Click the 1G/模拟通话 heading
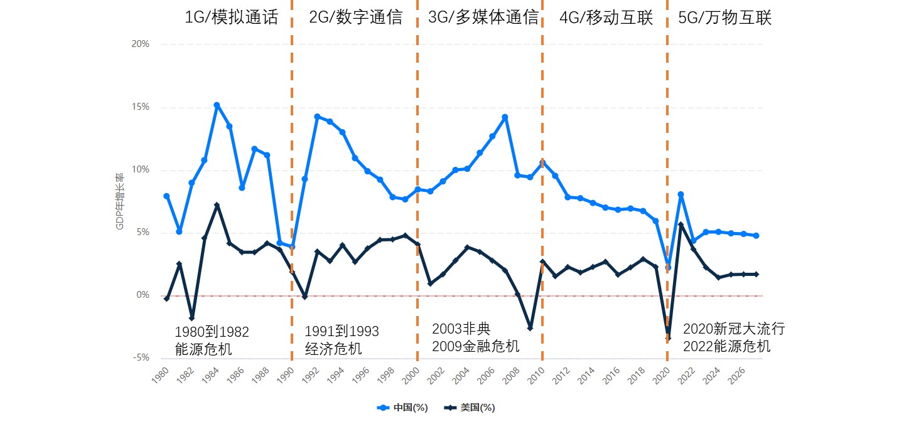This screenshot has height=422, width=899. pos(230,18)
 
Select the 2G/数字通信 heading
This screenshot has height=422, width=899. pos(356,18)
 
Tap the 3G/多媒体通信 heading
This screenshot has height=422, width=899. pos(483,18)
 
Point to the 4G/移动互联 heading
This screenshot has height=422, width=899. pos(606,18)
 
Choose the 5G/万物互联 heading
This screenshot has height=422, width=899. pos(725,18)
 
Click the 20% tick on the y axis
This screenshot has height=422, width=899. pos(140,44)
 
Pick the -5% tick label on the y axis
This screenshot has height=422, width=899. pos(140,358)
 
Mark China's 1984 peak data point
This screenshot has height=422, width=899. pos(217,105)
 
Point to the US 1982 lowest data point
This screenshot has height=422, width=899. pos(191,319)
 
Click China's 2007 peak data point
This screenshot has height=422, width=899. pos(505,117)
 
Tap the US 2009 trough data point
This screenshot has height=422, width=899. pos(530,328)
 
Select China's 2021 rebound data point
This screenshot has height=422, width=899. pos(681,194)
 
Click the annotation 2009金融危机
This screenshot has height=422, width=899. pos(475,346)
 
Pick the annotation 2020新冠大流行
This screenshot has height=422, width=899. pos(733,329)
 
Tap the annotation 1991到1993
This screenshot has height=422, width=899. pos(342,331)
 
